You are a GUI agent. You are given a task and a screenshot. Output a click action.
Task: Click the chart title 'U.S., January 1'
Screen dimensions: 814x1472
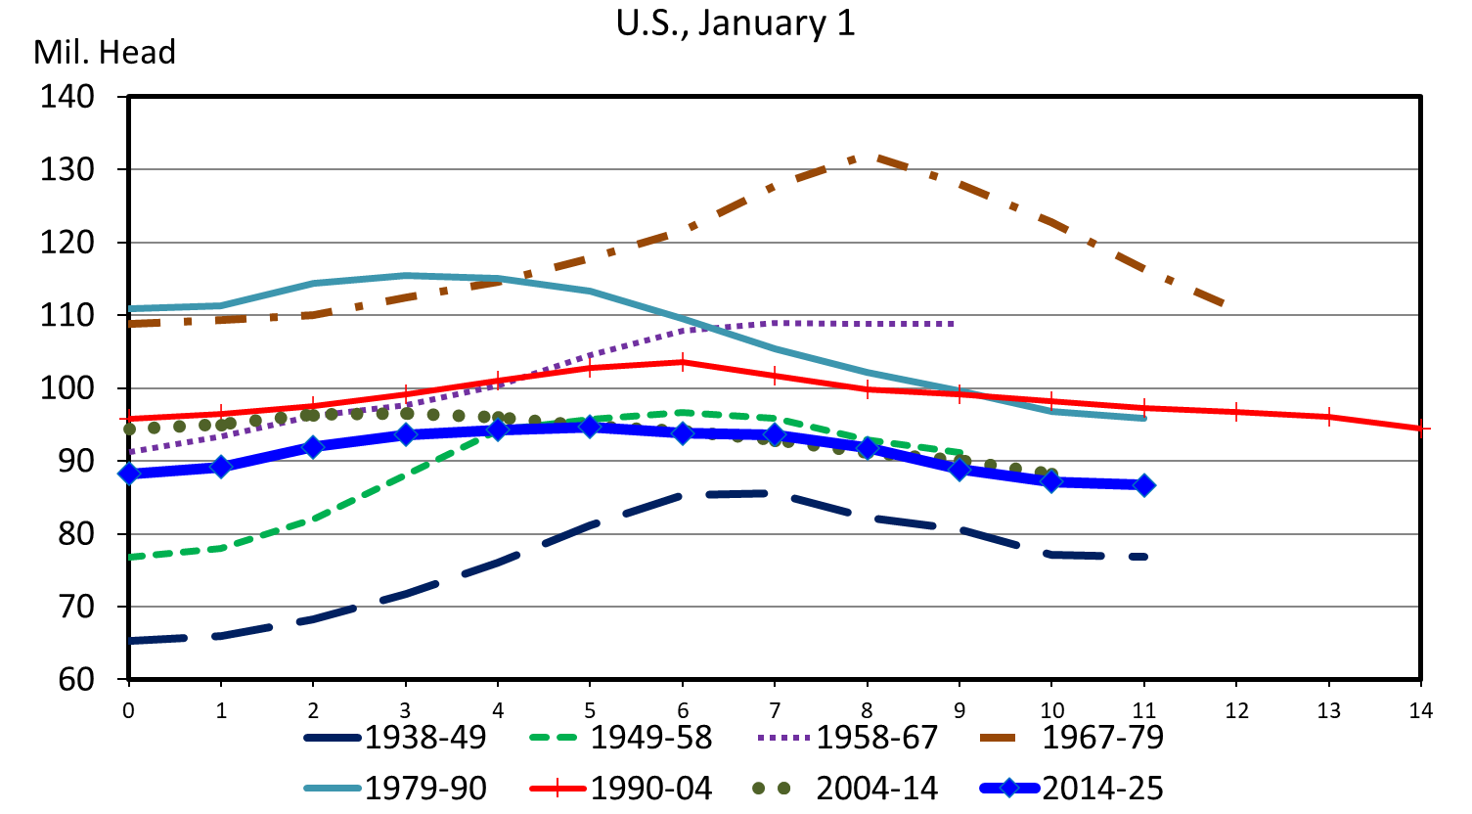pyautogui.click(x=736, y=23)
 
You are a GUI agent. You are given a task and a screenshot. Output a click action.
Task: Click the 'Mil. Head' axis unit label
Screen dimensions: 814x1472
pyautogui.click(x=105, y=53)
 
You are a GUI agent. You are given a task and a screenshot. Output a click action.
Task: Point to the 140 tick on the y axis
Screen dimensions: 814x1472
pyautogui.click(x=67, y=97)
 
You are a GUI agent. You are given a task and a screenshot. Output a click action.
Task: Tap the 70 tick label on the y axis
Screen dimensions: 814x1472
pyautogui.click(x=67, y=608)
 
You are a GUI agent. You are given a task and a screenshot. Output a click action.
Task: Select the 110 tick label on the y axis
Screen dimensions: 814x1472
pyautogui.click(x=67, y=316)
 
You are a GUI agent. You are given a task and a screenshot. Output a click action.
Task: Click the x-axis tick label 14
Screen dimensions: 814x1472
pyautogui.click(x=1420, y=711)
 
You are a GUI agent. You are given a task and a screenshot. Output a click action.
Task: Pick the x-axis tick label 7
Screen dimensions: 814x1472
pyautogui.click(x=775, y=711)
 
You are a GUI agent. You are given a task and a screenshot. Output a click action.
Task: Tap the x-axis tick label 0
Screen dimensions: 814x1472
pyautogui.click(x=128, y=711)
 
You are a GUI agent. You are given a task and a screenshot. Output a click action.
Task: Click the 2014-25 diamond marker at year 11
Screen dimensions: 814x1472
pyautogui.click(x=1144, y=485)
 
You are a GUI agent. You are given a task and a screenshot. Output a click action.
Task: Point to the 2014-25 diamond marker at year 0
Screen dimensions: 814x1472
pyautogui.click(x=129, y=474)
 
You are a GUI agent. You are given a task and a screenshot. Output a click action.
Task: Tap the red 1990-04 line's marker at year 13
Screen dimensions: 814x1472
pyautogui.click(x=1328, y=417)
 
